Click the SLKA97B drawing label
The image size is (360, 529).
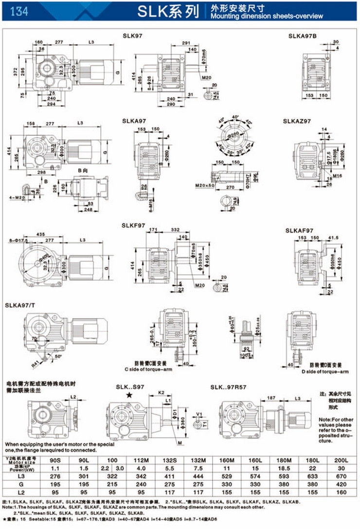pyautogui.click(x=302, y=36)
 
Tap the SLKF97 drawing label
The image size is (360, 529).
pyautogui.click(x=134, y=226)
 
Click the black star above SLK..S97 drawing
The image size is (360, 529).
pyautogui.click(x=128, y=395)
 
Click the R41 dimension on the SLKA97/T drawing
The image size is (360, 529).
pyautogui.click(x=36, y=363)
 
